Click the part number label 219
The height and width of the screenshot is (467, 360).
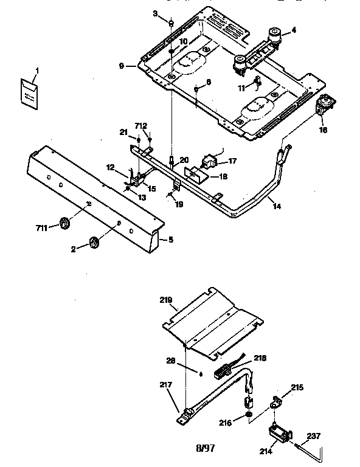click(167, 300)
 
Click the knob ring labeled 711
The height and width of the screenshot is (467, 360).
click(63, 224)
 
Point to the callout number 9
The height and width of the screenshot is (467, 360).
click(123, 66)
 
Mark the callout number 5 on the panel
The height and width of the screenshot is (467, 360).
click(171, 240)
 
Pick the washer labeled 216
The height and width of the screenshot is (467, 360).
click(250, 416)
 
